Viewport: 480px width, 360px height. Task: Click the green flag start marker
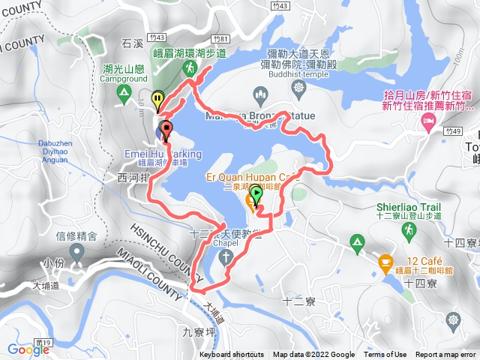point(256,194)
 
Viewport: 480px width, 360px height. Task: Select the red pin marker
point(166,128)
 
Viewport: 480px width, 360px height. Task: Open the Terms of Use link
point(385,355)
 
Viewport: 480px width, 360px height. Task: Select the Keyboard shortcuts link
point(232,355)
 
